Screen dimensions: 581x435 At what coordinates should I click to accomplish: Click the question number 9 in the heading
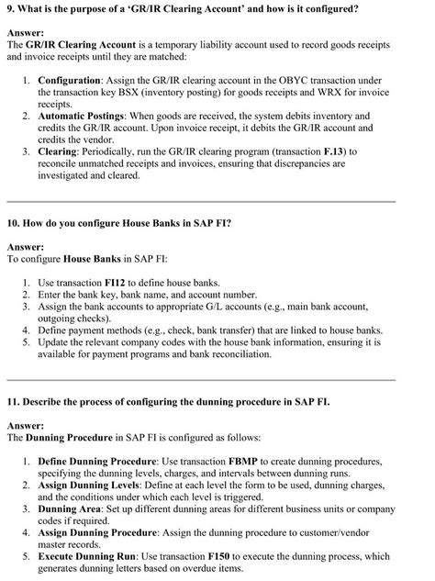10,8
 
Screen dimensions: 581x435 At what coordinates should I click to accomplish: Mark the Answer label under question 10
26,247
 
